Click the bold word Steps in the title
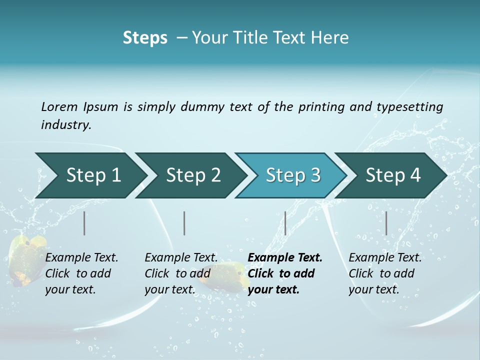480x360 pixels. coord(145,38)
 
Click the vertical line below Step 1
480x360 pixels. coord(84,223)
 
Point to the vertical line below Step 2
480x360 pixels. coord(184,223)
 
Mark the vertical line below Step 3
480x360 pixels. coord(285,223)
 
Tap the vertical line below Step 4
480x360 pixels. coord(386,223)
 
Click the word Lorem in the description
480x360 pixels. coord(59,106)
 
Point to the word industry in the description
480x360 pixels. coord(65,124)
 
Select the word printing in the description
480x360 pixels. coord(321,106)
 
